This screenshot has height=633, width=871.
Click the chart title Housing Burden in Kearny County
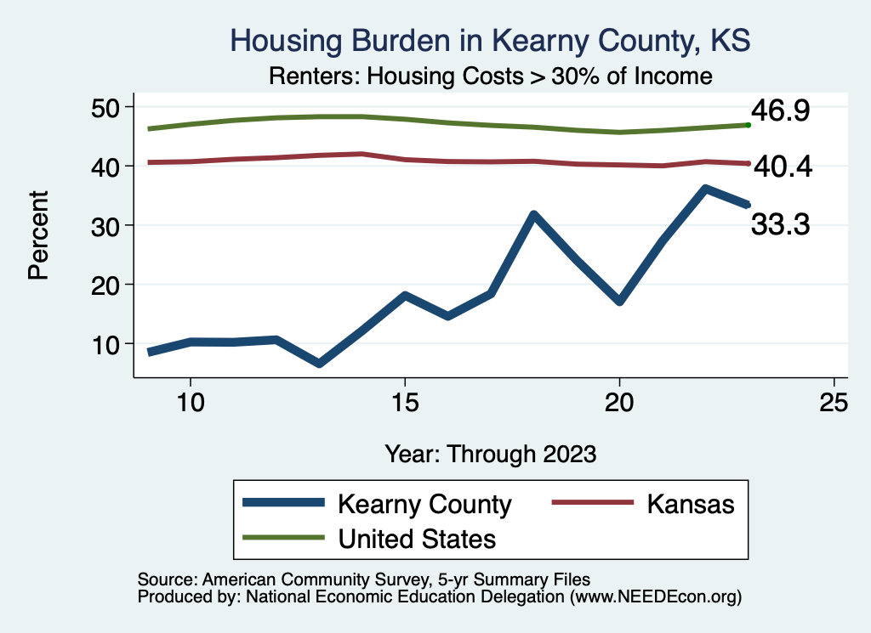coord(490,41)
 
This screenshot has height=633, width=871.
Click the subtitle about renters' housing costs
coord(490,76)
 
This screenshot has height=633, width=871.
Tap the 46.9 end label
coord(779,111)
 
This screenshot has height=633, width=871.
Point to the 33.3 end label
coord(779,224)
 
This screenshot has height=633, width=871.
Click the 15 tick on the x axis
coord(405,402)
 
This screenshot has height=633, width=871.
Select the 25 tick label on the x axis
coord(834,402)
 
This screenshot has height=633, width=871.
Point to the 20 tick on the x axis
coord(619,402)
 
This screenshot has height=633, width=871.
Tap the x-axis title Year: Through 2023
coord(490,453)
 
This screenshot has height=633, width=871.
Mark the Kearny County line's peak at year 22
coord(705,189)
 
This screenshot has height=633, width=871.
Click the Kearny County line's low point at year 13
coord(319,364)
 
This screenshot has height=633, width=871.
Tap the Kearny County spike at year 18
coord(533,215)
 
